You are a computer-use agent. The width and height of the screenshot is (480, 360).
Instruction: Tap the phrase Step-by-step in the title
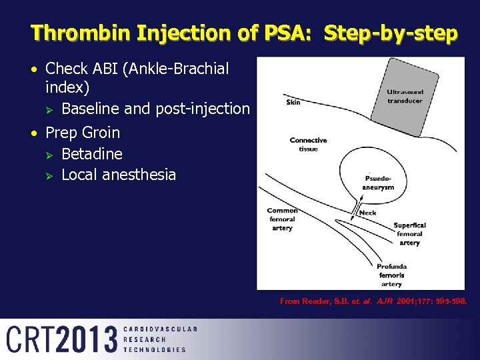[391, 33]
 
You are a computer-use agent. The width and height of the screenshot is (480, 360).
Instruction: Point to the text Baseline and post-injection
[155, 109]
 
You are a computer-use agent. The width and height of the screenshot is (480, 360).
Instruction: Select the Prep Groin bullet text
[83, 133]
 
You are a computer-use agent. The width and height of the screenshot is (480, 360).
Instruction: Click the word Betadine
[92, 154]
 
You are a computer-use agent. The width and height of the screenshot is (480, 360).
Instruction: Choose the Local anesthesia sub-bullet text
[119, 175]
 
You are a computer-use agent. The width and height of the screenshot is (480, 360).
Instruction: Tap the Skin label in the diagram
[293, 102]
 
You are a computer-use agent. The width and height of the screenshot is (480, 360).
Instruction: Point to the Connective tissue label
[308, 144]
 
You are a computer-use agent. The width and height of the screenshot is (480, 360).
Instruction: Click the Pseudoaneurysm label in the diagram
[378, 183]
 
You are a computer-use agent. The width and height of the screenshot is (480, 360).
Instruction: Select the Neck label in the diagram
[368, 213]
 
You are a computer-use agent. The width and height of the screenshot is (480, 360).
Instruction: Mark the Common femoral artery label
[282, 219]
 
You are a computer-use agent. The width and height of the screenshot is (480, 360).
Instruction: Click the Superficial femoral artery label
[409, 234]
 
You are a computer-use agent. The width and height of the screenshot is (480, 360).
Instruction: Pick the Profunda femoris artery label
[391, 275]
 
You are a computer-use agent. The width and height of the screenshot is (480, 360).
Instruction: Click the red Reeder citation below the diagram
[373, 301]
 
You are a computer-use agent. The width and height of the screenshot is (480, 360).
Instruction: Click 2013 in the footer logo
[87, 339]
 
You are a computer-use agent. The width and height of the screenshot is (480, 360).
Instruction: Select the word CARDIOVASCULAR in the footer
[160, 329]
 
